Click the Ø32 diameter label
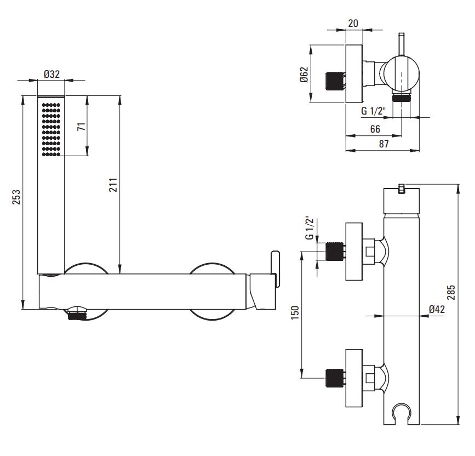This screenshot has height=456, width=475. (x=52, y=74)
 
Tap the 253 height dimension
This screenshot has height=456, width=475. (x=16, y=197)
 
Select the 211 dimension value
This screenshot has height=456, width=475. (x=113, y=185)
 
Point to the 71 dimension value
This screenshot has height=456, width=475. (x=81, y=127)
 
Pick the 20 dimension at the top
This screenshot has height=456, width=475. (x=353, y=23)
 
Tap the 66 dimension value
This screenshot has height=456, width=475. (x=375, y=129)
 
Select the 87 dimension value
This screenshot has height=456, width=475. (x=384, y=144)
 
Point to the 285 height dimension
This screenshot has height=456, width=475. (x=451, y=292)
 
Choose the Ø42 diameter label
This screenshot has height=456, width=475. (x=437, y=309)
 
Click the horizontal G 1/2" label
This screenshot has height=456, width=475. (x=373, y=111)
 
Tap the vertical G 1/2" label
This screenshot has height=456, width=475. (x=310, y=228)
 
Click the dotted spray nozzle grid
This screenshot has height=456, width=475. (x=51, y=130)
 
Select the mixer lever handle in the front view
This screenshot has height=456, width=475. (x=275, y=268)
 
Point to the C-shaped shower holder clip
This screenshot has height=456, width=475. (x=402, y=412)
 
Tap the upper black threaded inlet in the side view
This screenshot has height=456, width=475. (x=334, y=251)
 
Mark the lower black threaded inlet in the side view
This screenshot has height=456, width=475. (x=334, y=378)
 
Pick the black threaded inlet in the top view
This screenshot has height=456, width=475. (x=334, y=81)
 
